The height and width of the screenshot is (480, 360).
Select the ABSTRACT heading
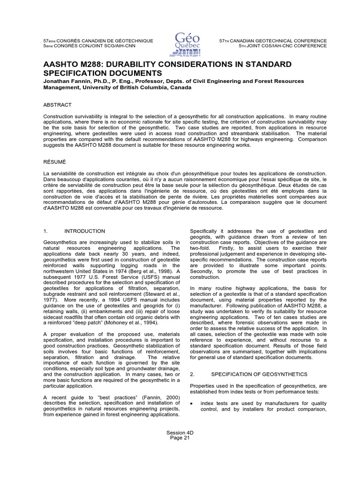[x=57, y=105]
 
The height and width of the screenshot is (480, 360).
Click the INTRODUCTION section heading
[x=84, y=231]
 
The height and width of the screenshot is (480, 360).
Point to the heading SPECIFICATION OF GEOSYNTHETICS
[x=259, y=374]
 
